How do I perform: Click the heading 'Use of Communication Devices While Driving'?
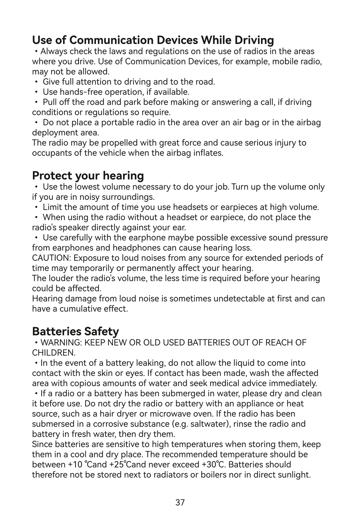(x=153, y=40)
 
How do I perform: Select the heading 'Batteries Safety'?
(x=75, y=331)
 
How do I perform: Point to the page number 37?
(x=180, y=502)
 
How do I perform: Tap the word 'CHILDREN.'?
(x=54, y=353)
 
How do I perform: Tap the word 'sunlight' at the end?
(x=294, y=475)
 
